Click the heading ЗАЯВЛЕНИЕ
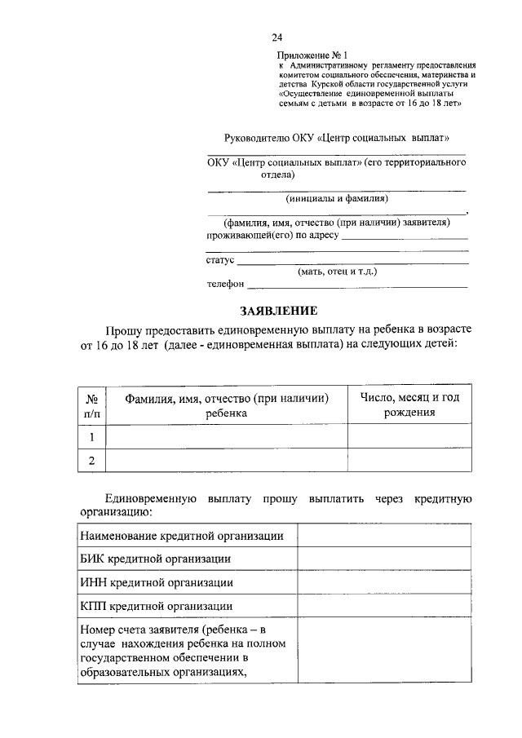(x=277, y=311)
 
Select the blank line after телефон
(x=357, y=285)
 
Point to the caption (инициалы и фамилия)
(x=336, y=198)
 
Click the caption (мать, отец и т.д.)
(x=337, y=272)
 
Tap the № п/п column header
(x=92, y=405)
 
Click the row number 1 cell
(x=92, y=436)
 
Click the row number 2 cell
(x=92, y=461)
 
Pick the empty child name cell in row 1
(x=227, y=436)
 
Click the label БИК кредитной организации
(x=155, y=559)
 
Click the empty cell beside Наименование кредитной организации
(x=383, y=535)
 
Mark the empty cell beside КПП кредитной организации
(x=383, y=606)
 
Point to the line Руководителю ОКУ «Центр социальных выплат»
(x=336, y=139)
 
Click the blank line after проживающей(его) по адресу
(x=405, y=237)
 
